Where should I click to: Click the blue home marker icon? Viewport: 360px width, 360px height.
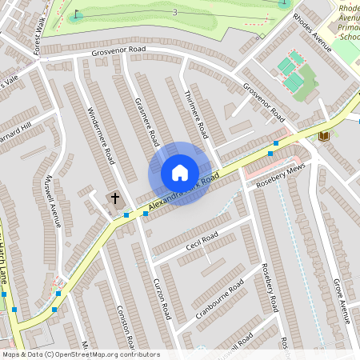[180, 173]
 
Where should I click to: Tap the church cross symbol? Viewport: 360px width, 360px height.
[114, 197]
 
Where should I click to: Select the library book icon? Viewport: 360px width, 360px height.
[324, 136]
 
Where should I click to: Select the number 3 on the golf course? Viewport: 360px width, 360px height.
[174, 12]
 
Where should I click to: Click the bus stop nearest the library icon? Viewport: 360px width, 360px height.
[275, 143]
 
